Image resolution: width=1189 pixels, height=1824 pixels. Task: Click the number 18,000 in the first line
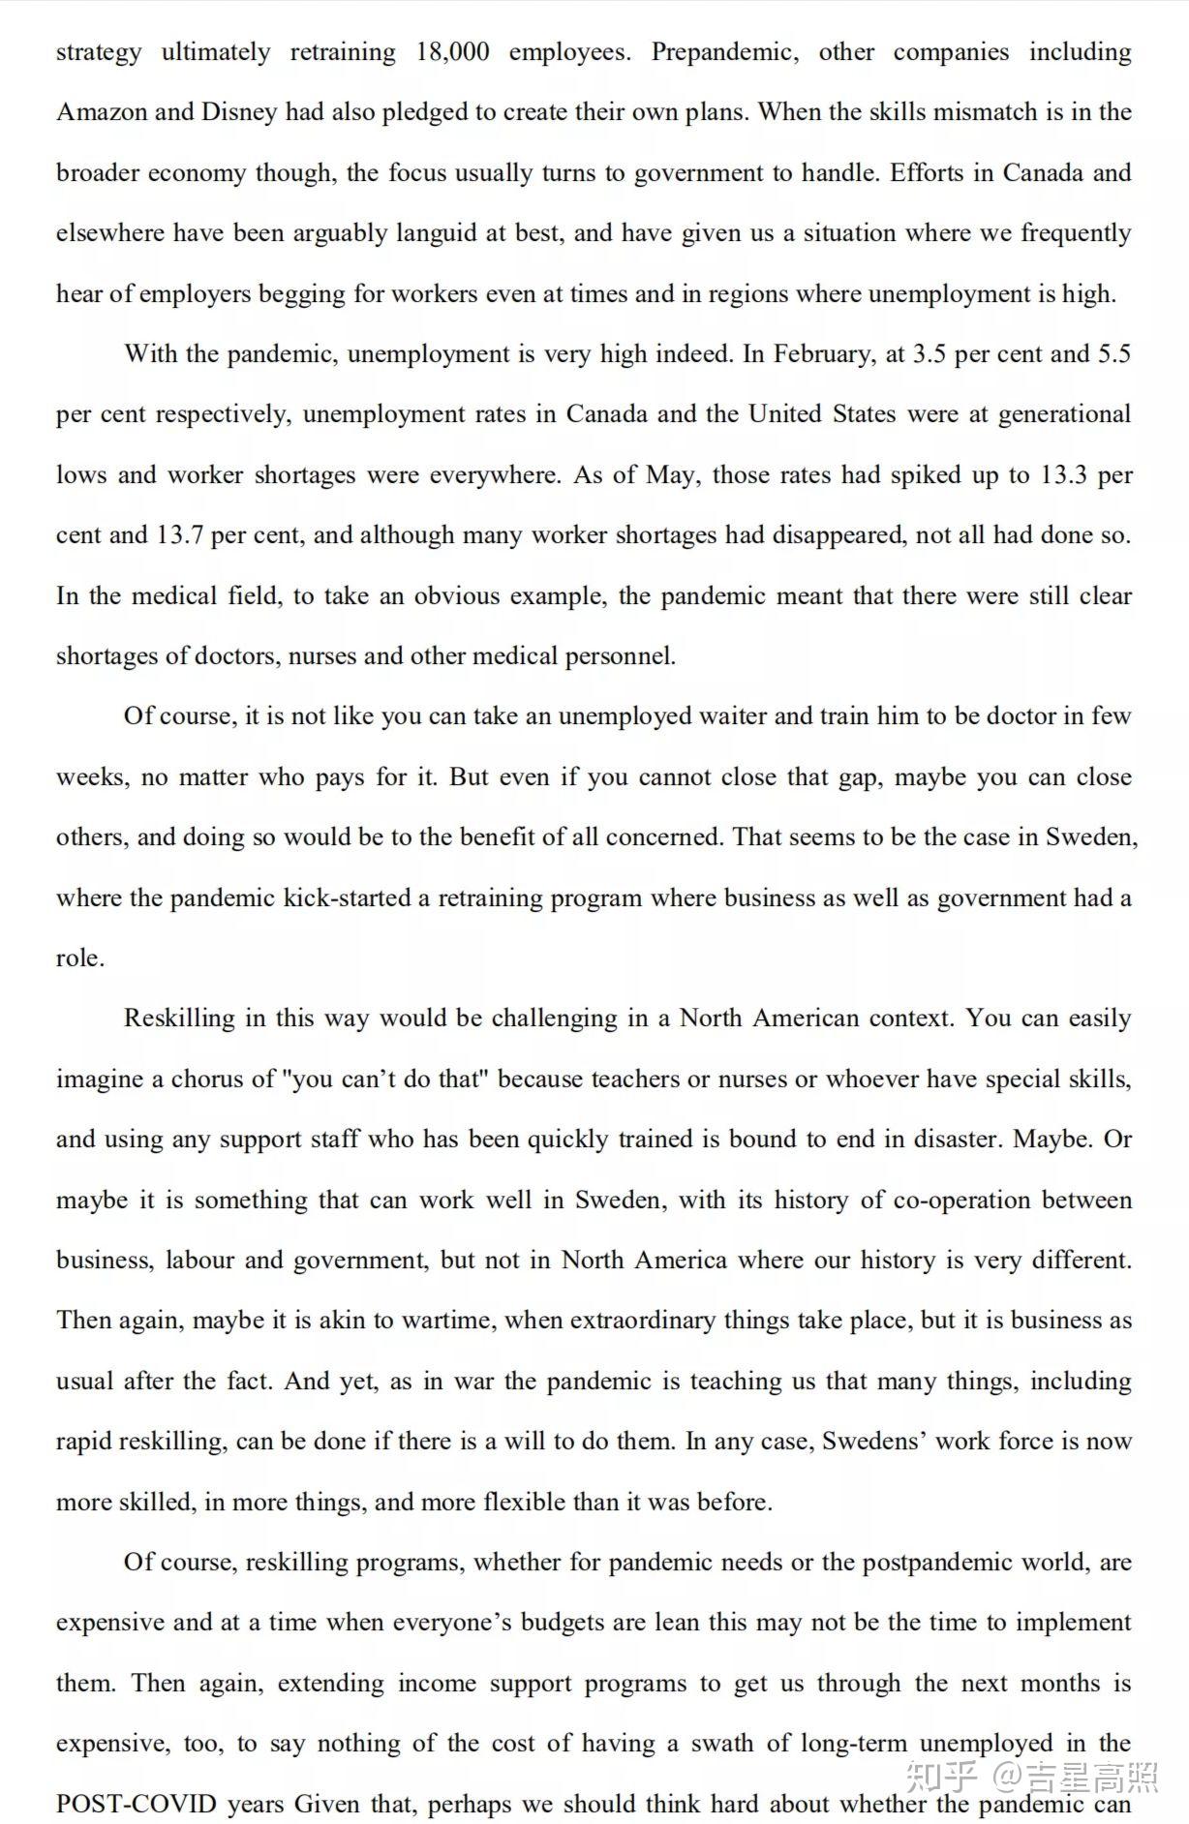(452, 51)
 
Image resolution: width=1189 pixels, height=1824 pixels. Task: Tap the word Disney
(238, 112)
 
